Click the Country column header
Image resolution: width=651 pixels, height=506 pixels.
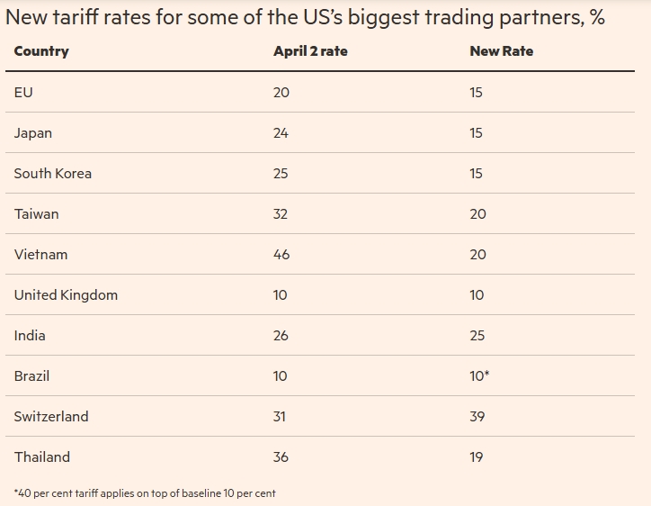tap(41, 51)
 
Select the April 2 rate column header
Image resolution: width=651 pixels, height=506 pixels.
tap(310, 51)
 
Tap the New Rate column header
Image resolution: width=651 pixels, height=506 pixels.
tap(501, 51)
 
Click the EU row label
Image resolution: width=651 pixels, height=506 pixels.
tap(23, 93)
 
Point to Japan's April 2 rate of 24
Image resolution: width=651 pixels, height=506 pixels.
tap(281, 133)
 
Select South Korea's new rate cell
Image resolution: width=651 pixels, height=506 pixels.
tap(476, 174)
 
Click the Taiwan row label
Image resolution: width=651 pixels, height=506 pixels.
tap(36, 214)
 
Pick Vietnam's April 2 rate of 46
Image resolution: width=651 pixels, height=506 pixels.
tap(281, 255)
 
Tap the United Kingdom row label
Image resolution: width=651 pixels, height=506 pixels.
tap(66, 295)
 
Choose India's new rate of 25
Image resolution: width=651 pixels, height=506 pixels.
tap(477, 336)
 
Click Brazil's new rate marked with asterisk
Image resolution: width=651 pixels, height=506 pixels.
tap(479, 376)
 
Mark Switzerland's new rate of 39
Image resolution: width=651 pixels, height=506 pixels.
tap(477, 417)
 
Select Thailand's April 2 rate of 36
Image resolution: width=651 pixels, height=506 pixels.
tap(281, 457)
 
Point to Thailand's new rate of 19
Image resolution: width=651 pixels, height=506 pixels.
tap(476, 457)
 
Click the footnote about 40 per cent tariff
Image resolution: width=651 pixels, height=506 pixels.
tap(145, 493)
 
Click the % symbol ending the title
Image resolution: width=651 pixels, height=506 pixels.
tap(597, 18)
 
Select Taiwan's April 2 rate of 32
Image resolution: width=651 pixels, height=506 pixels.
tap(281, 214)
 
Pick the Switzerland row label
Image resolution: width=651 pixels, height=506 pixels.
tap(51, 417)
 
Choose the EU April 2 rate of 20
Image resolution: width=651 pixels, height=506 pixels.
tap(281, 93)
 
